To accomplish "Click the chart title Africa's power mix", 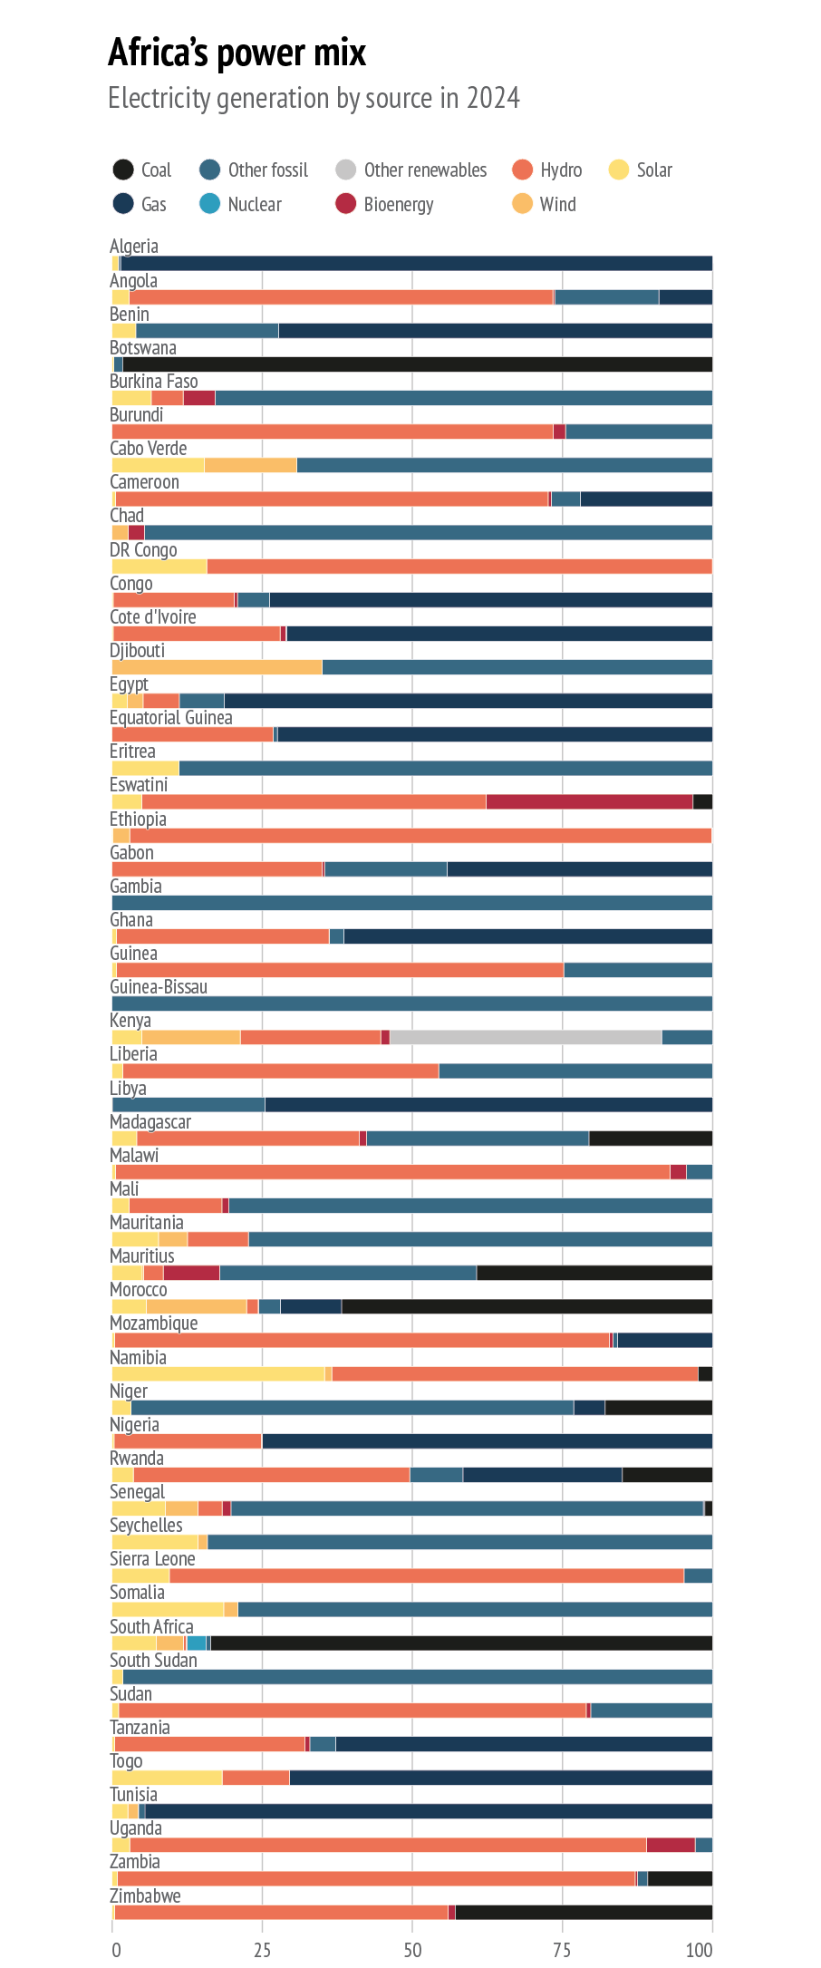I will click(237, 53).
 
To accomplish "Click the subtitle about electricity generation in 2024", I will click(314, 98).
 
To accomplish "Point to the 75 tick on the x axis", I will click(562, 1950).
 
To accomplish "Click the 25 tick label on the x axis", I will click(262, 1950).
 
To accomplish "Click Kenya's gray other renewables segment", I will click(526, 1037).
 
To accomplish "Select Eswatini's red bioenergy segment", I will click(589, 801).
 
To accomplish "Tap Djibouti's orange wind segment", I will click(217, 667).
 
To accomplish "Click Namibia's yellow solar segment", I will click(217, 1373).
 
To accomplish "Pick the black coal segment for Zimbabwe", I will click(584, 1913).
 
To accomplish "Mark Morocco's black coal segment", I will click(526, 1306).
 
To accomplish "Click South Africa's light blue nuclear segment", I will click(197, 1643).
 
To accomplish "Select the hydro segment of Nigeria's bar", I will click(188, 1440).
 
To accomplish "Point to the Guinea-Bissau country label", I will click(159, 987).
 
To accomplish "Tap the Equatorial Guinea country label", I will click(171, 718).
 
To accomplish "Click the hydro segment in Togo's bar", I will click(256, 1778).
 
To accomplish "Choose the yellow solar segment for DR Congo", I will click(159, 567).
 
